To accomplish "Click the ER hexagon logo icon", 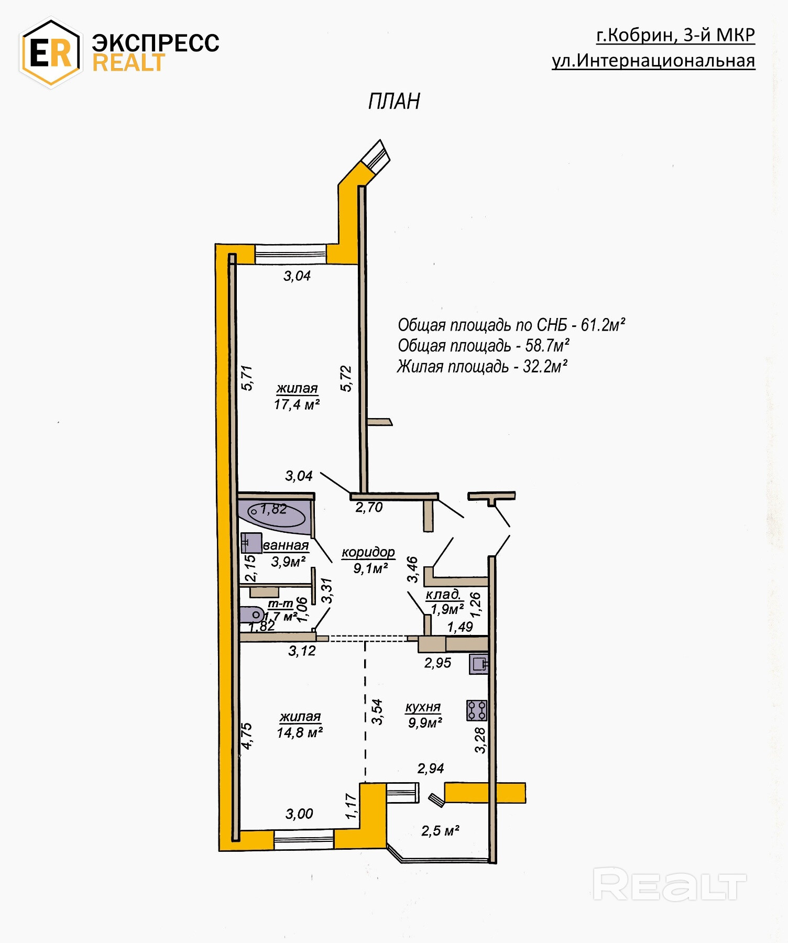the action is (50, 53).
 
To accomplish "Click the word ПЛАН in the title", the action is (394, 101).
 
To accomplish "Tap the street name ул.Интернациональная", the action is (653, 61).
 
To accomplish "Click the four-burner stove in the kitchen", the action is (477, 710).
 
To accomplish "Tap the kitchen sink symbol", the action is (479, 664).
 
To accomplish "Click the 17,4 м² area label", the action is (297, 404).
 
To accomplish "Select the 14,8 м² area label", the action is (299, 732).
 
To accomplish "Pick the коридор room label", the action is (368, 552).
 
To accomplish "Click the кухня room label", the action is (423, 707).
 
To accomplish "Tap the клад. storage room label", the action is (443, 595).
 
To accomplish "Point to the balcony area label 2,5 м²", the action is (440, 831).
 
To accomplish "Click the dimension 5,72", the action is (346, 378).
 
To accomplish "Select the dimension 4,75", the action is (246, 736).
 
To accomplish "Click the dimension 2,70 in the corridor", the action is (369, 507).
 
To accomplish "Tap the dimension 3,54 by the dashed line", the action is (377, 712).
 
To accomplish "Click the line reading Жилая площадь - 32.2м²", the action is (483, 366).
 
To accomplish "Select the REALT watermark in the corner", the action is (669, 884).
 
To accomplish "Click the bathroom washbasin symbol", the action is (251, 543).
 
